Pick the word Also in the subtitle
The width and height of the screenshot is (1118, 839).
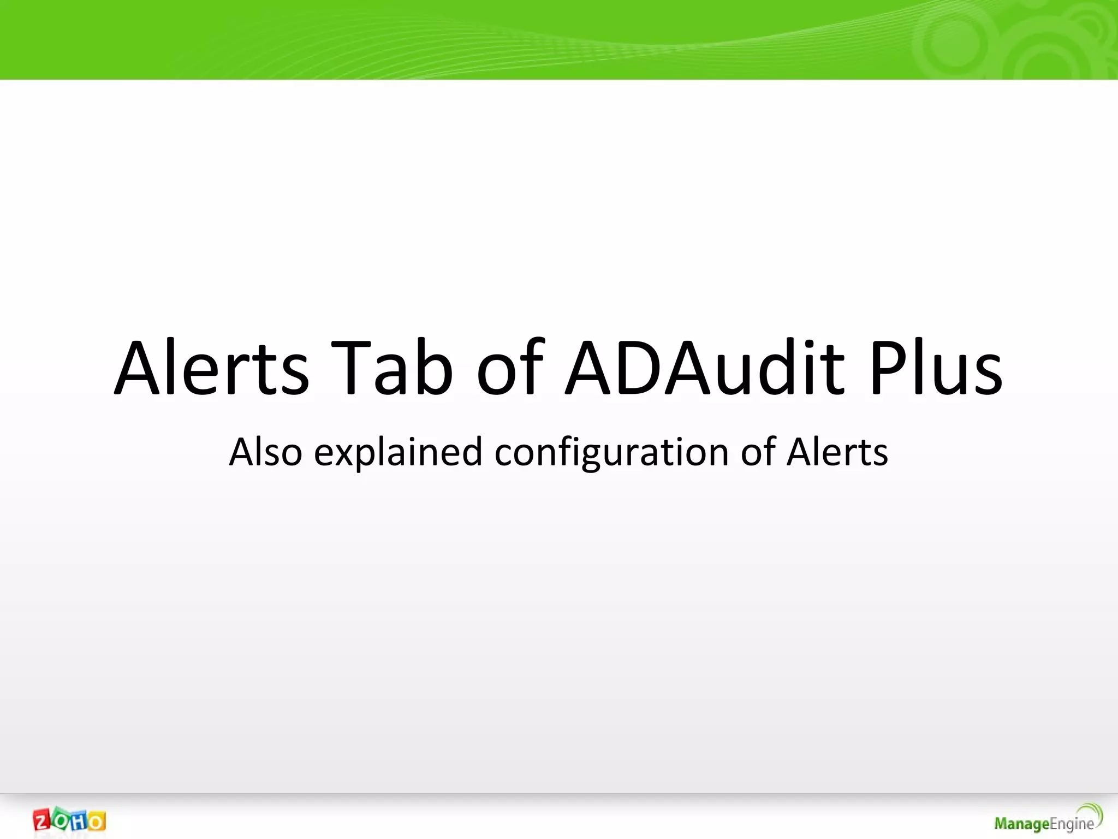[265, 452]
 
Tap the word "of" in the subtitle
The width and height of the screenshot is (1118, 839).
[758, 452]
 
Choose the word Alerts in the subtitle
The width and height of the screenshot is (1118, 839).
[837, 452]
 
